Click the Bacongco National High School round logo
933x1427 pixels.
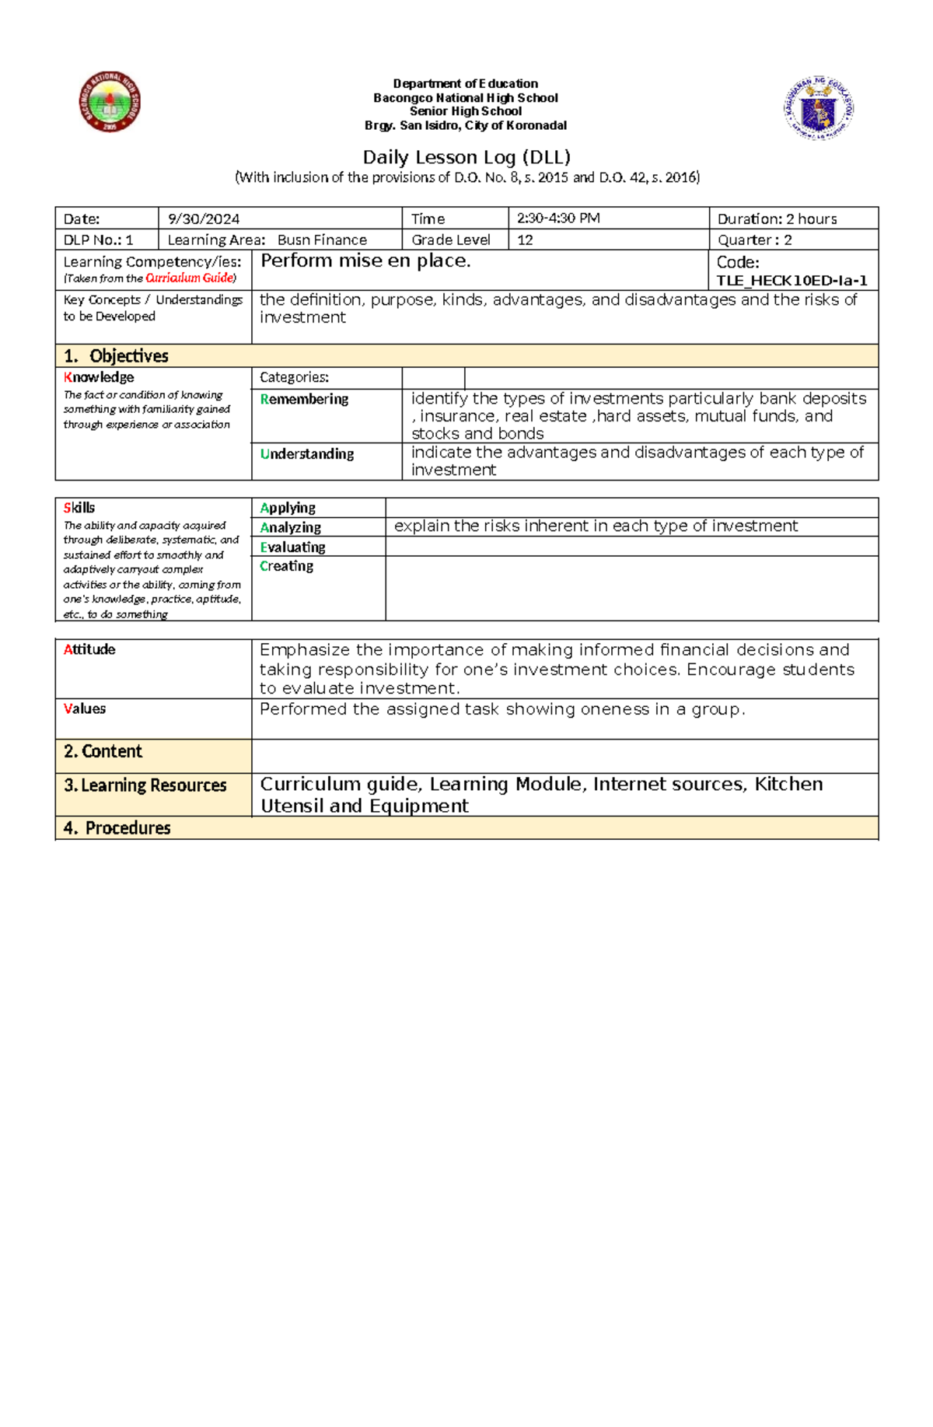click(x=110, y=102)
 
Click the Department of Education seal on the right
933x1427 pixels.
click(x=819, y=108)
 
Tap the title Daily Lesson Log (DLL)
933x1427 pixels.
click(x=466, y=157)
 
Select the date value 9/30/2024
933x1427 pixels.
click(x=204, y=219)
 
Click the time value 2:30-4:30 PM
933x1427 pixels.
click(x=558, y=219)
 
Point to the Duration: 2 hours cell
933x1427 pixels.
click(x=777, y=219)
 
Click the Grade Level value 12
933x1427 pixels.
click(x=526, y=240)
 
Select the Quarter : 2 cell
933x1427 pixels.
click(x=754, y=240)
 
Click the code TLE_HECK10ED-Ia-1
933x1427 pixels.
click(x=791, y=281)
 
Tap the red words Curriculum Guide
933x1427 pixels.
click(x=189, y=278)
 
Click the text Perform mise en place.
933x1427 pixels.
click(x=365, y=261)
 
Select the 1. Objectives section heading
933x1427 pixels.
click(x=117, y=356)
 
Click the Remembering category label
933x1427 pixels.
click(x=304, y=400)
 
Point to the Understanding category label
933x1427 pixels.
click(x=307, y=454)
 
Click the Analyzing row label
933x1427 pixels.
click(x=290, y=527)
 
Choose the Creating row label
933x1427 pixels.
click(x=286, y=566)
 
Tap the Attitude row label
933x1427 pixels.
click(x=89, y=649)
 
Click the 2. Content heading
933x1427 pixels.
click(x=103, y=751)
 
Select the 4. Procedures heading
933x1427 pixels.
click(x=117, y=828)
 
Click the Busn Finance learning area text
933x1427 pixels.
click(x=322, y=240)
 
